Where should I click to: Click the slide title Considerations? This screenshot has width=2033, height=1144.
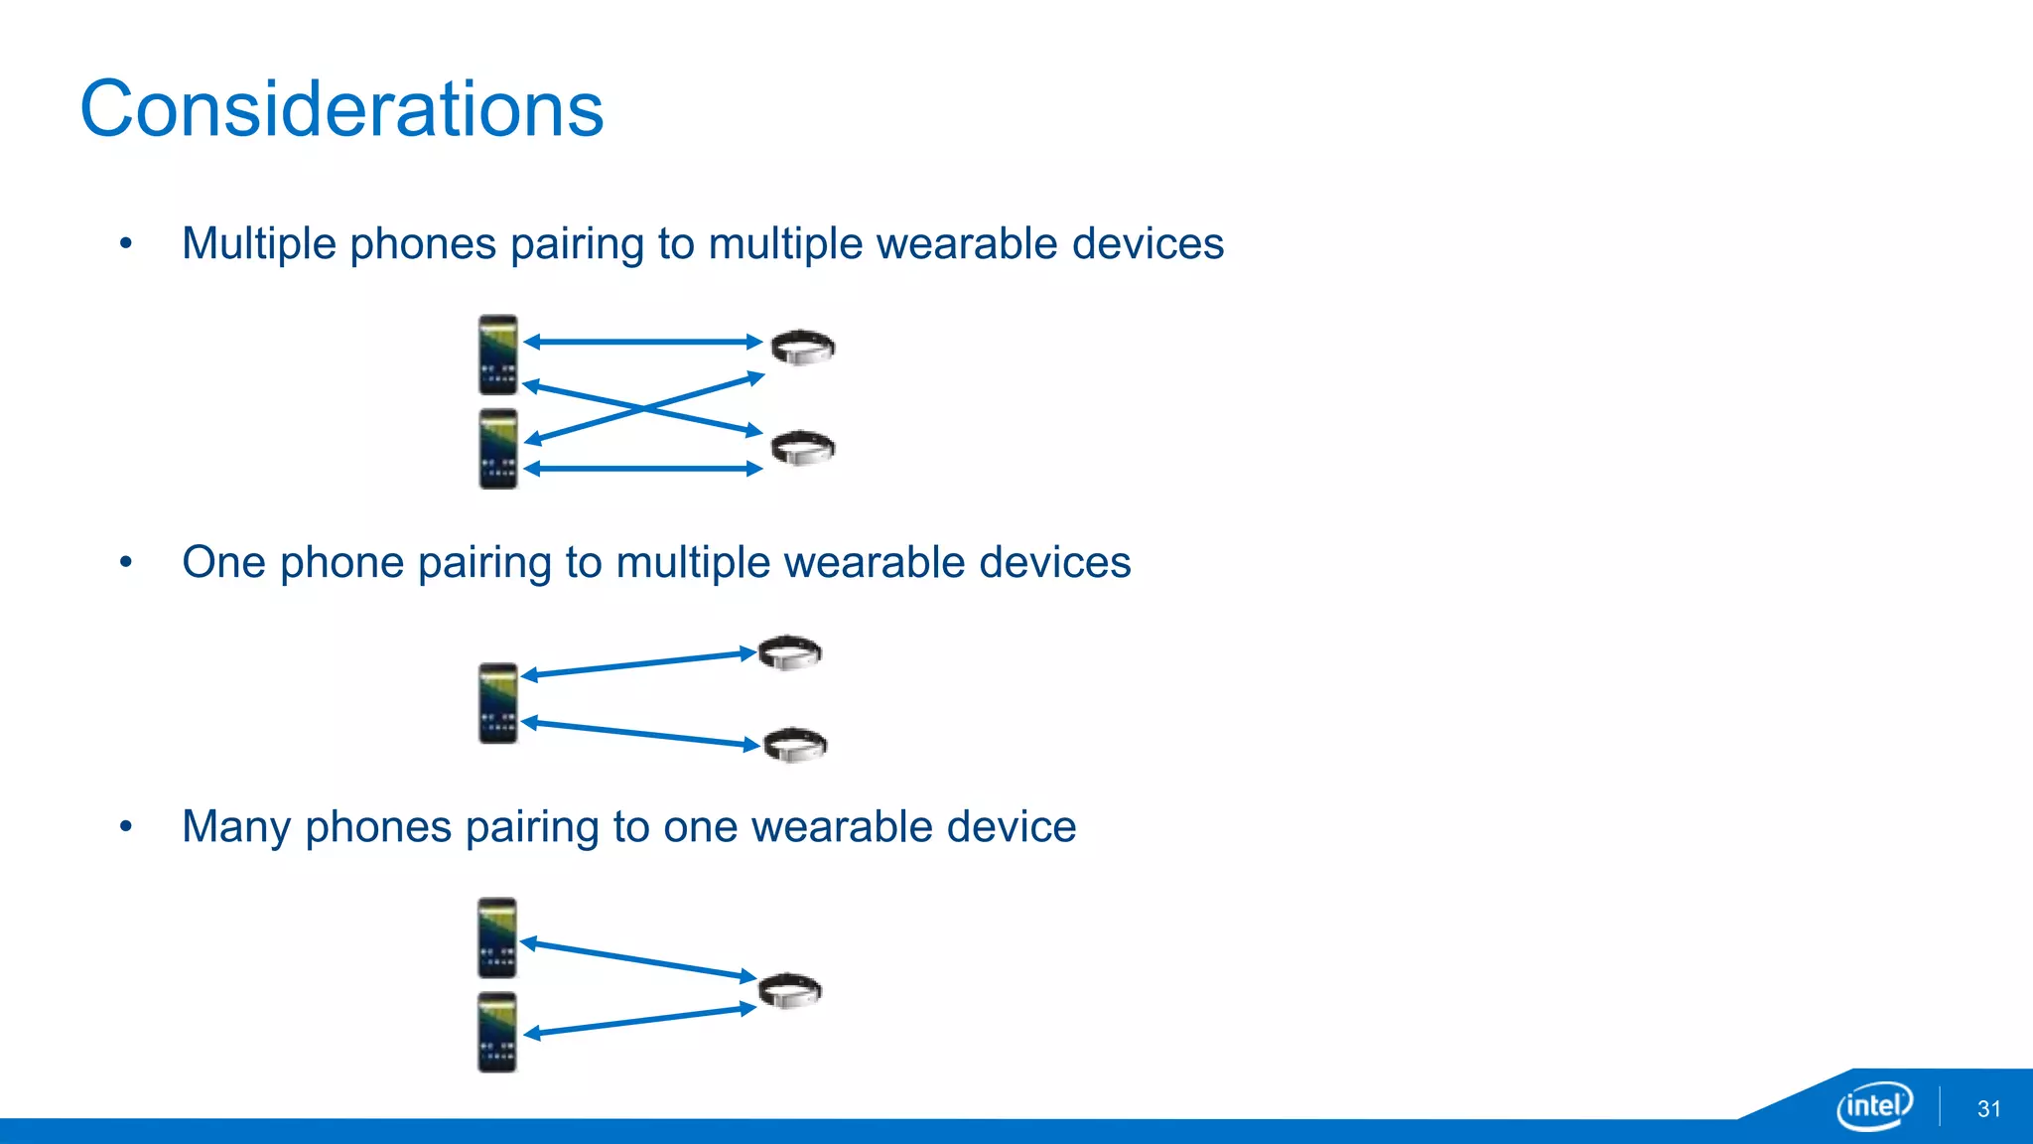(341, 109)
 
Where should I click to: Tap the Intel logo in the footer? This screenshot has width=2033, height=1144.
(1873, 1104)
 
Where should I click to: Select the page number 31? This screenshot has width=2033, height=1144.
(1988, 1109)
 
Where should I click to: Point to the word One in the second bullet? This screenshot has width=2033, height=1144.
(223, 563)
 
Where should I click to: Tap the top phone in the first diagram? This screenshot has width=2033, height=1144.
(498, 355)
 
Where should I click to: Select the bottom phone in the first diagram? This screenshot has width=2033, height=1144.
(498, 449)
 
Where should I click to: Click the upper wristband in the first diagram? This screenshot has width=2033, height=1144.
(803, 348)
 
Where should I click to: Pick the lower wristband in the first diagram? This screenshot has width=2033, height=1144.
(803, 448)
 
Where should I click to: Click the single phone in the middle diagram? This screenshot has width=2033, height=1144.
(498, 703)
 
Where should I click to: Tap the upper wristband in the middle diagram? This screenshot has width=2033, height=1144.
(790, 652)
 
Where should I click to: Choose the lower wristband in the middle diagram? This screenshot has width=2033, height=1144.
(795, 745)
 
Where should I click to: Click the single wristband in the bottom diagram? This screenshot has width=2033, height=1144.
(790, 990)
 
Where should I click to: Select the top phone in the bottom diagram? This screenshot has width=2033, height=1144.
(497, 938)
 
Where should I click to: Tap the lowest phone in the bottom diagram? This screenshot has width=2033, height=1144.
(497, 1033)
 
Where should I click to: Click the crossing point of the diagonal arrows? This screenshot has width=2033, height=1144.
(644, 408)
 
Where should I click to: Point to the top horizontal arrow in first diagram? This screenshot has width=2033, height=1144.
(643, 342)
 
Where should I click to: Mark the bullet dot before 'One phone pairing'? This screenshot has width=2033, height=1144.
(125, 562)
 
